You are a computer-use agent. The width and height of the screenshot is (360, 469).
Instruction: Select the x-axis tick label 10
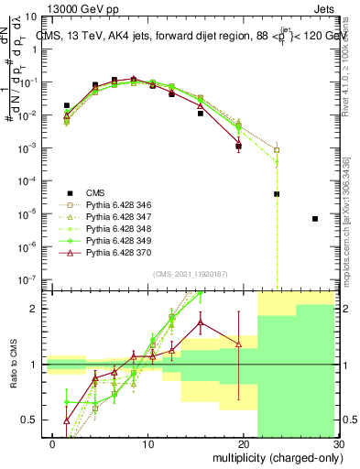coord(152,445)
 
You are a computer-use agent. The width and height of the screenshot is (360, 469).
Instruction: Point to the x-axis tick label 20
coord(246,445)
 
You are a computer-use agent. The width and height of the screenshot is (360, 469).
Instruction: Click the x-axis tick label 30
coord(339,445)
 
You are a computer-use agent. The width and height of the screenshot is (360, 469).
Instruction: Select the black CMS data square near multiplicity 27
coord(314,219)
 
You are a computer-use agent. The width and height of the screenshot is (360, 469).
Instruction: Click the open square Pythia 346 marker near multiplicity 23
coord(277,150)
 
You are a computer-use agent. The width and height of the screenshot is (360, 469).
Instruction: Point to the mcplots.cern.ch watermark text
coord(351,220)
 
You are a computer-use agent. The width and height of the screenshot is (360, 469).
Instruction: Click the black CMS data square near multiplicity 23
coord(277,194)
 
